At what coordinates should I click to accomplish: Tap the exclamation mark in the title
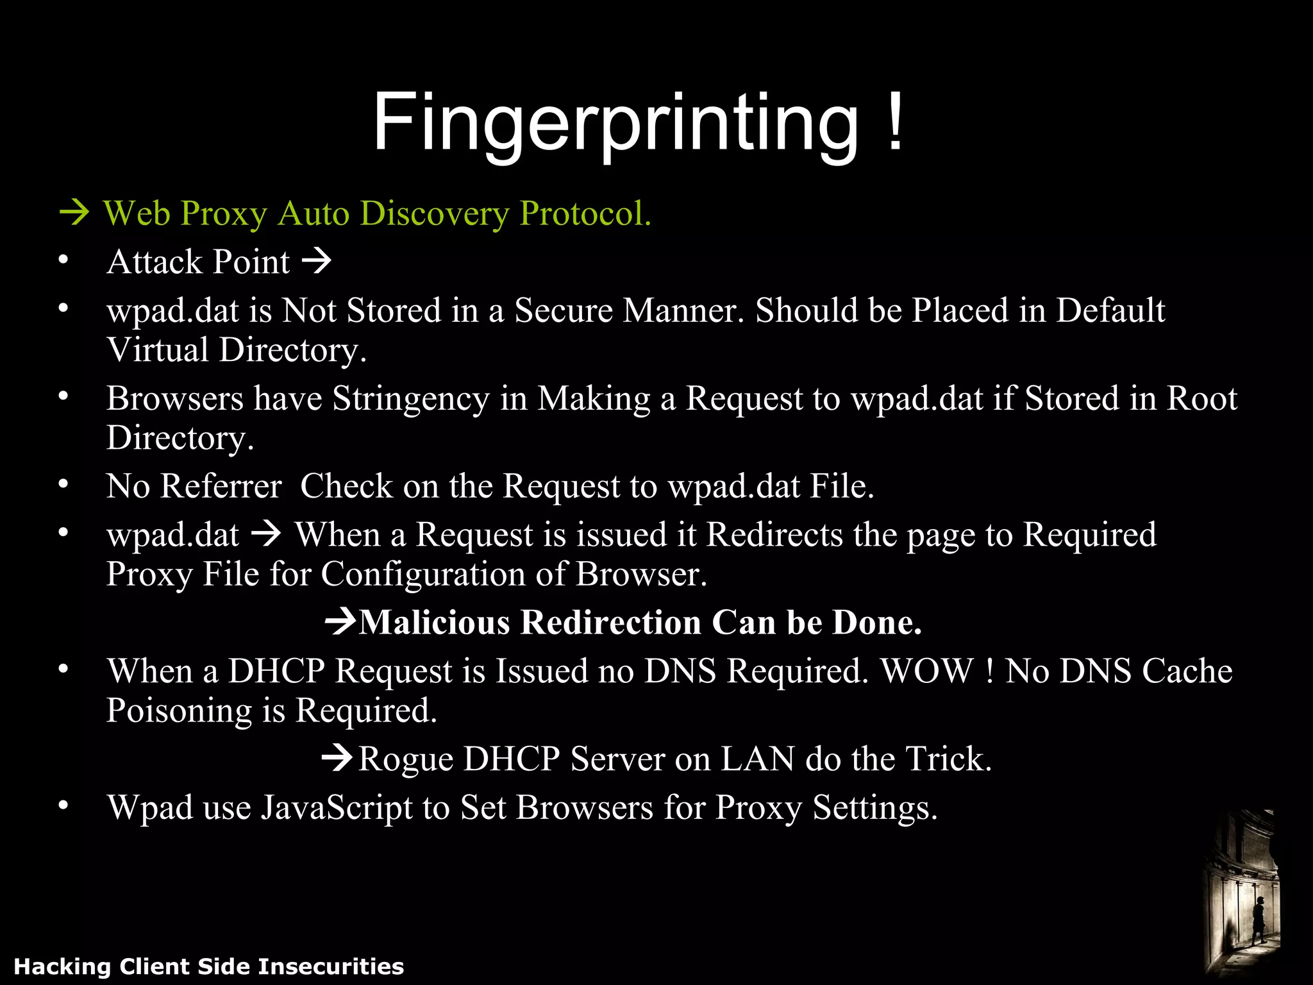896,121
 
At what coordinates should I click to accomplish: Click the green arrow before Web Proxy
74,213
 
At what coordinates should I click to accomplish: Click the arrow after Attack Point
317,261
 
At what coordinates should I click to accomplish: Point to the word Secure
564,310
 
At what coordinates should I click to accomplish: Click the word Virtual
158,350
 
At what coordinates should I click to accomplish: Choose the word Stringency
411,398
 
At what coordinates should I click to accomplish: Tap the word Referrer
221,485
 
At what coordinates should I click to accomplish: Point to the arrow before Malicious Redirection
340,621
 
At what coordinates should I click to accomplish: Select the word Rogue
405,759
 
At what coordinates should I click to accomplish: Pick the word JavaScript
337,807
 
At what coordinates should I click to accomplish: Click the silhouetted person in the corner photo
1258,918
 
